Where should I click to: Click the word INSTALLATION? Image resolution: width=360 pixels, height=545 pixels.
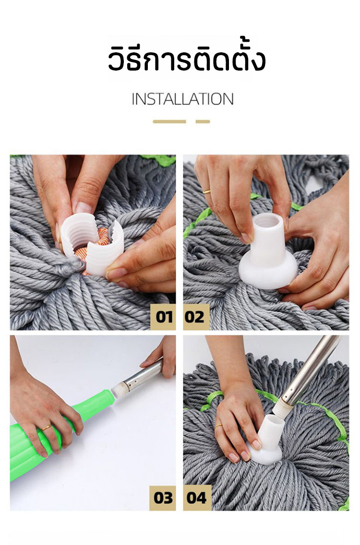(x=182, y=99)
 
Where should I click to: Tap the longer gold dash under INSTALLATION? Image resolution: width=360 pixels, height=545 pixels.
(x=169, y=121)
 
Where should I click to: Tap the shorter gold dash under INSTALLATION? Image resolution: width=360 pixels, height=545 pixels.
(x=203, y=121)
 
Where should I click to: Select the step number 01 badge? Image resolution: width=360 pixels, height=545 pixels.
(x=163, y=317)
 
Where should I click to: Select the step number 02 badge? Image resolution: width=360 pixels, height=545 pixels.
(x=196, y=317)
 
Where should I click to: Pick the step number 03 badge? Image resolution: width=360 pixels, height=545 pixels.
(x=163, y=498)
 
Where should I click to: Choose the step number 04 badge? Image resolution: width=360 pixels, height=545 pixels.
(x=197, y=498)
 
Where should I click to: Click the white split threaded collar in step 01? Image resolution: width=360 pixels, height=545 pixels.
(x=92, y=243)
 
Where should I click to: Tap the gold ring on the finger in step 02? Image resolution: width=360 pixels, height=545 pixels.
(x=206, y=191)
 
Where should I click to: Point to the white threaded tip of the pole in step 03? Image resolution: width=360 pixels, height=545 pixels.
(x=119, y=388)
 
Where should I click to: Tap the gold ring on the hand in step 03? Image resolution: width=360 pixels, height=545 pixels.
(x=47, y=427)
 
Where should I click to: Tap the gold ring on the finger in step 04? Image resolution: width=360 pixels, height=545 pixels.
(x=218, y=425)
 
